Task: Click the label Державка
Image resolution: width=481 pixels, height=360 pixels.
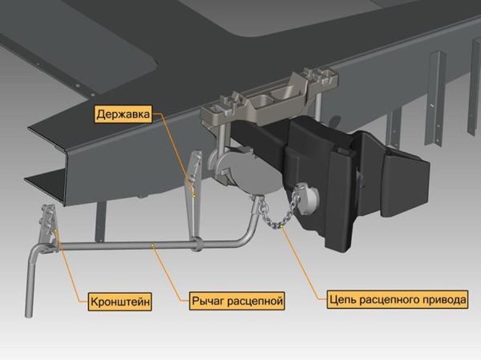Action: coord(123,115)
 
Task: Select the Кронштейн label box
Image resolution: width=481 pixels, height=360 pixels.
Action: coord(120,301)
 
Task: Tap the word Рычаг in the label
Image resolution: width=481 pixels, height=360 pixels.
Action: coord(207,301)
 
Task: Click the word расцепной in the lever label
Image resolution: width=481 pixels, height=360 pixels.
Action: coord(254,301)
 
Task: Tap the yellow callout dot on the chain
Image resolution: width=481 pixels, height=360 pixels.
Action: coord(281,227)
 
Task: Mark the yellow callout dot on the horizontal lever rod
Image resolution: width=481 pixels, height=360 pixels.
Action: coord(152,245)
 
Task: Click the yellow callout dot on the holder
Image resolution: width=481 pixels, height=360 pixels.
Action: coord(194,195)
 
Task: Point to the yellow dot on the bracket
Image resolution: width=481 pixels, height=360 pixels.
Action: coord(55,230)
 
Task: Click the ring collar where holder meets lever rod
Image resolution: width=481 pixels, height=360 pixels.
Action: coord(197,243)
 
